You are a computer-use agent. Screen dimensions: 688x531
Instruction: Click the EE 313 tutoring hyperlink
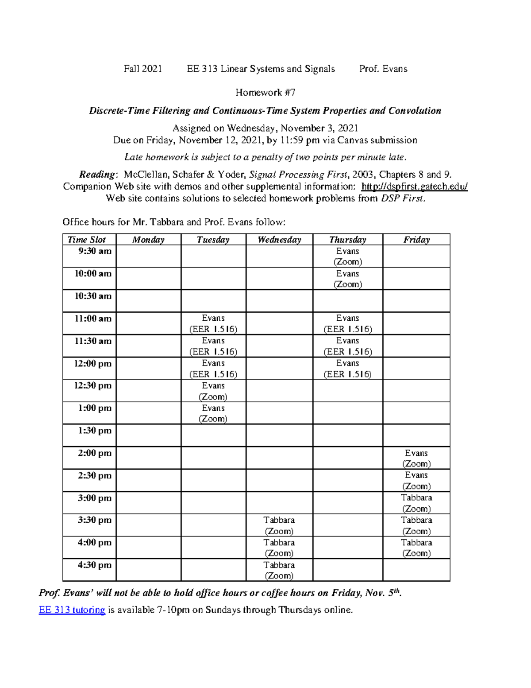tap(72, 610)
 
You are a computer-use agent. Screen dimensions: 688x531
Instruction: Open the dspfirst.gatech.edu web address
tap(414, 187)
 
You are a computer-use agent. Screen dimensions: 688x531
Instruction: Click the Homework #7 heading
tap(265, 93)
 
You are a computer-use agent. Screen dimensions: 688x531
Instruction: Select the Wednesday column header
tap(279, 240)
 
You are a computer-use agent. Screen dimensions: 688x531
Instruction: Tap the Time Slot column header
tap(87, 240)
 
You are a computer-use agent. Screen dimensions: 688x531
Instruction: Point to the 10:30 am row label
tap(93, 296)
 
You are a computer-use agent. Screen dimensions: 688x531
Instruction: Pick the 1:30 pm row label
tap(95, 431)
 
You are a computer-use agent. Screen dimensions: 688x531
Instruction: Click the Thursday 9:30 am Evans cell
tap(347, 257)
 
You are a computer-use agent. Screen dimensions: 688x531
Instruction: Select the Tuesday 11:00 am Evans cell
tap(213, 323)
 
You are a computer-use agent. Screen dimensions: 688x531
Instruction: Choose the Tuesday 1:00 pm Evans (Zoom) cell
tap(213, 413)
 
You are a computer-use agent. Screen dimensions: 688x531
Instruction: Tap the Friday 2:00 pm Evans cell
tap(416, 458)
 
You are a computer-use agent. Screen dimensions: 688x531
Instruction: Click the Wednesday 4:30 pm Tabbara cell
tap(279, 570)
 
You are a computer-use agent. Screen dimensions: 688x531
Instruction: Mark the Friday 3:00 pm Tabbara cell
tap(416, 503)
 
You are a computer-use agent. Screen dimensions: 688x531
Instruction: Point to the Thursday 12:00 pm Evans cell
tap(347, 369)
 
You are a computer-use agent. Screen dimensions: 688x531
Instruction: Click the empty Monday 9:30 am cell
tap(148, 256)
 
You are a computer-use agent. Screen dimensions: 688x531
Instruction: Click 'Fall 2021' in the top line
tap(142, 69)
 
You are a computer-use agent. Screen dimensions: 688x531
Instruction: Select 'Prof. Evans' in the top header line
tap(383, 69)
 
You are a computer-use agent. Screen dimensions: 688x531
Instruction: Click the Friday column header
tap(416, 240)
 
